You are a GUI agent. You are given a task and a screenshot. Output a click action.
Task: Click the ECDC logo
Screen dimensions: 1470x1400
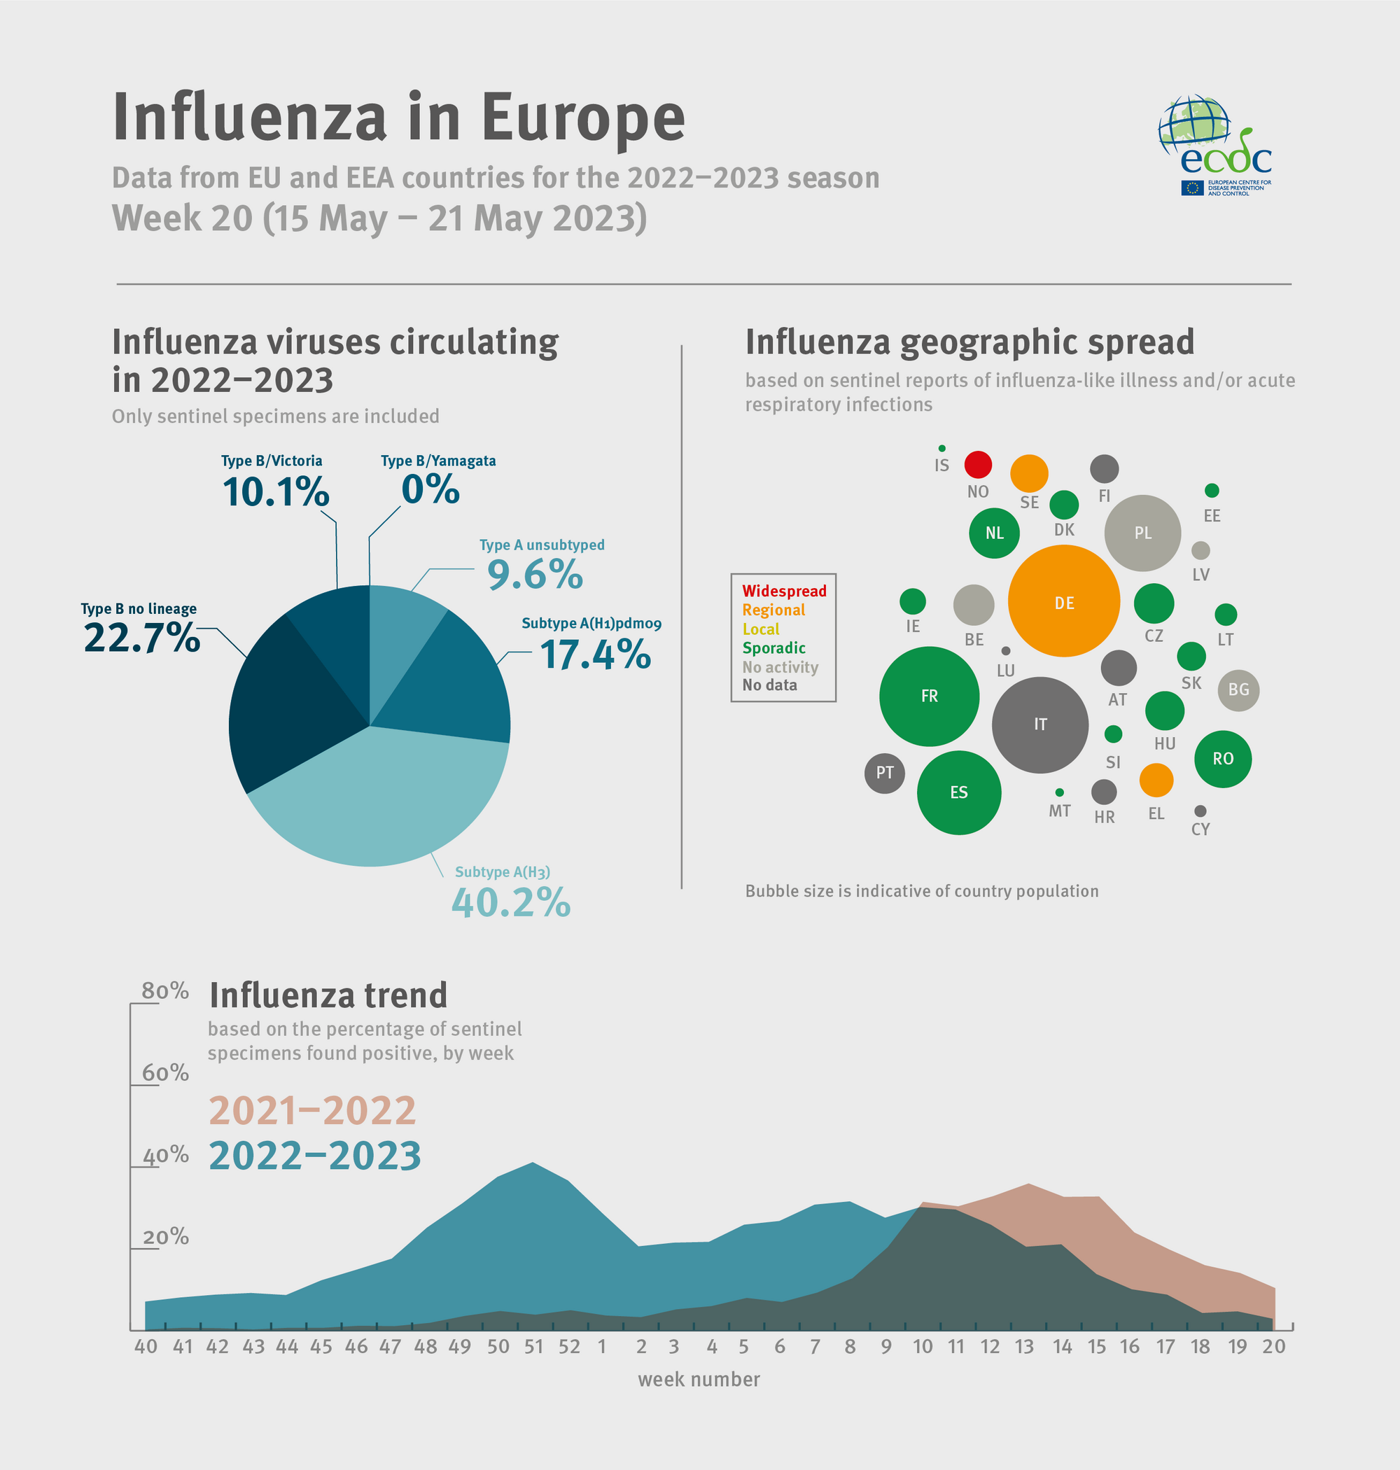[x=1214, y=146]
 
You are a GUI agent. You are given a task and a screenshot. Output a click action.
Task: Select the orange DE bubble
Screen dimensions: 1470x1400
[x=1063, y=601]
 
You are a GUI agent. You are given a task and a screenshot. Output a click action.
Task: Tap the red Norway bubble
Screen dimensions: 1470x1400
[x=978, y=464]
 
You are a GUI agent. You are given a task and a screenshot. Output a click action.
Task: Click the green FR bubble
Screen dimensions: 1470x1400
[x=928, y=696]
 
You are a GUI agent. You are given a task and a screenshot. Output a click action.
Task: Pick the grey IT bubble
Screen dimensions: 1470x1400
[x=1039, y=724]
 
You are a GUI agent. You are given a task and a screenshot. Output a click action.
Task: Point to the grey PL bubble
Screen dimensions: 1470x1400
[x=1142, y=533]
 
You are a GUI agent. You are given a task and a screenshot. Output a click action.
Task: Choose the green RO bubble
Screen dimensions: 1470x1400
[x=1222, y=759]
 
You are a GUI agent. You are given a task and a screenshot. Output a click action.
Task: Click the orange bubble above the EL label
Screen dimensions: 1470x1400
[x=1156, y=780]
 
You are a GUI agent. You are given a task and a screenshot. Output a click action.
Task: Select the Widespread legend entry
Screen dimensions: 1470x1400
[x=783, y=591]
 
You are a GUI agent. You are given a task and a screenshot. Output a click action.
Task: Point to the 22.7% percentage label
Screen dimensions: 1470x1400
[x=142, y=638]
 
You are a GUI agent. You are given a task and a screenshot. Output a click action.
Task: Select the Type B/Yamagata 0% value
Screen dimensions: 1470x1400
[x=430, y=489]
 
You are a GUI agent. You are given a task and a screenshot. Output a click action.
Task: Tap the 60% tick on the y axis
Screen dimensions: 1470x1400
[x=165, y=1073]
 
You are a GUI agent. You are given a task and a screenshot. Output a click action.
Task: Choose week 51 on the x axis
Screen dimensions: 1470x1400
[x=533, y=1346]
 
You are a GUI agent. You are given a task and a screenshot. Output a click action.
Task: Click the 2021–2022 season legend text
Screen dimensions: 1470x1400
[x=312, y=1110]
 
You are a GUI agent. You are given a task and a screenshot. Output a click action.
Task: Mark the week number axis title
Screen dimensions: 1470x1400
[x=699, y=1380]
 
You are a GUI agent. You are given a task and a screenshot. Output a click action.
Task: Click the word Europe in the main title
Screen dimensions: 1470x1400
[x=582, y=118]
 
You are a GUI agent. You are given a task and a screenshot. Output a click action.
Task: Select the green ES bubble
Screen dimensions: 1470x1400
[x=958, y=792]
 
